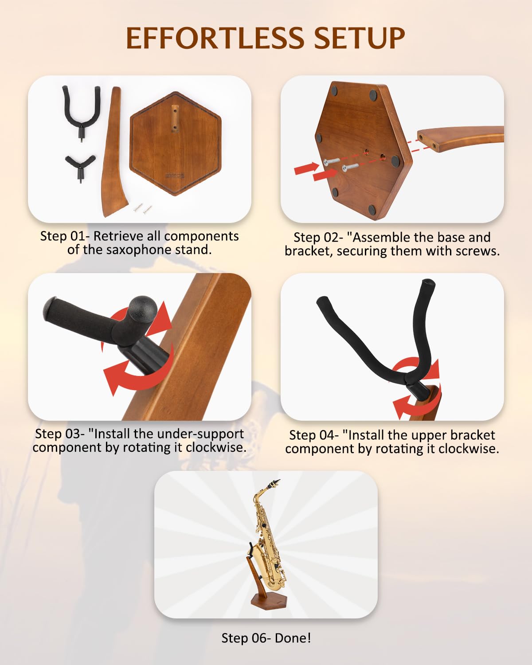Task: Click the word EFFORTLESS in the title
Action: click(x=215, y=38)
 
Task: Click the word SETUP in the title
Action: click(x=360, y=38)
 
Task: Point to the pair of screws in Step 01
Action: click(x=143, y=208)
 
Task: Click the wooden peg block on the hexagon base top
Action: click(x=175, y=119)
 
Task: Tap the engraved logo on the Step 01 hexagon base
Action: click(x=175, y=176)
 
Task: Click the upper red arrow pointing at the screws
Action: click(x=306, y=168)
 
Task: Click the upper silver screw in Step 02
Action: click(x=331, y=162)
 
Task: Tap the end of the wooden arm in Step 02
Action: click(x=428, y=141)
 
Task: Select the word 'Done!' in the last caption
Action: click(x=293, y=638)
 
